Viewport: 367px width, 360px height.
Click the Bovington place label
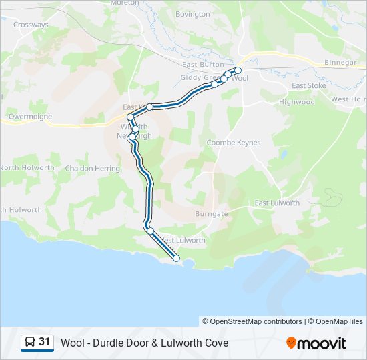click(192, 14)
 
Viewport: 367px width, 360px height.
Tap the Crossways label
click(31, 25)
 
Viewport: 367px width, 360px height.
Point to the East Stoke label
click(308, 85)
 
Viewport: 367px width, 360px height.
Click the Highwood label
click(297, 102)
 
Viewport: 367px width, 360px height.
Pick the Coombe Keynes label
click(234, 143)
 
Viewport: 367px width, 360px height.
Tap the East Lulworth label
click(277, 203)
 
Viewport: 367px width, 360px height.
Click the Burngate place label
click(212, 214)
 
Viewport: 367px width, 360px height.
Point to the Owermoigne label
click(29, 115)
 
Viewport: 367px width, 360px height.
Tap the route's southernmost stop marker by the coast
click(177, 259)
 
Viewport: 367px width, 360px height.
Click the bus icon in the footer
click(30, 343)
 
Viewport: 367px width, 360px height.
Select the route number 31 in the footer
click(45, 342)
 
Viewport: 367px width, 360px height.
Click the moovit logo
click(316, 343)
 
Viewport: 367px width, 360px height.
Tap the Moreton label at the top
click(125, 3)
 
